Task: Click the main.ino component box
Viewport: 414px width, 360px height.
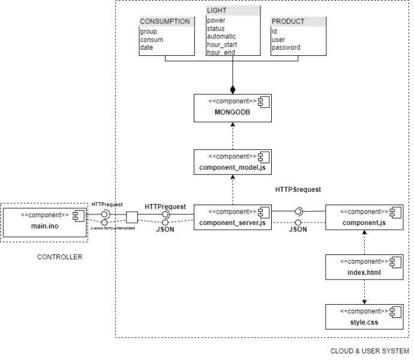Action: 43,220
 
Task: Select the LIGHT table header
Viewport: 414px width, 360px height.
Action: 233,11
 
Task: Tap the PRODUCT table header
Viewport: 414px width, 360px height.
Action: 298,22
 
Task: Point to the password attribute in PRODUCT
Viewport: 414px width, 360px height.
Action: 286,47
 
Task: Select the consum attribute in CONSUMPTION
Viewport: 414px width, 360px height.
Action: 152,40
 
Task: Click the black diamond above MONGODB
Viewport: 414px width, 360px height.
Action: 233,89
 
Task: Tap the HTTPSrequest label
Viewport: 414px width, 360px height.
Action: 298,189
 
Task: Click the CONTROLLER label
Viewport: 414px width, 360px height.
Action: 59,257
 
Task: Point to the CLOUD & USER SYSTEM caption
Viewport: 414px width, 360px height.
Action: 370,351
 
